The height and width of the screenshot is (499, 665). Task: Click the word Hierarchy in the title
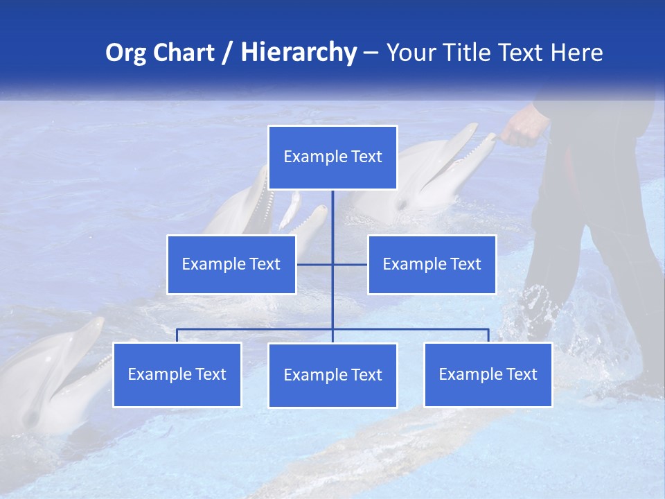(x=299, y=53)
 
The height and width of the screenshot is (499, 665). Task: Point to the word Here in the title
(x=577, y=53)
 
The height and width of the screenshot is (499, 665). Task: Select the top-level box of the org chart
(x=332, y=157)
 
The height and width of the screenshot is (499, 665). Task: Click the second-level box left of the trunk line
(x=231, y=264)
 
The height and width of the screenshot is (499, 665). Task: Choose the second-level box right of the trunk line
(x=432, y=264)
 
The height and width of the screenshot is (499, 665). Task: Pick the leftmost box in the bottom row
(x=177, y=374)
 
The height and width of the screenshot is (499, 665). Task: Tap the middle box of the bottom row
(x=332, y=375)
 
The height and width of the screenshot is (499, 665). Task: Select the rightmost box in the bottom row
(x=488, y=374)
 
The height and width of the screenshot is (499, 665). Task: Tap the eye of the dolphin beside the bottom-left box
(x=30, y=418)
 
